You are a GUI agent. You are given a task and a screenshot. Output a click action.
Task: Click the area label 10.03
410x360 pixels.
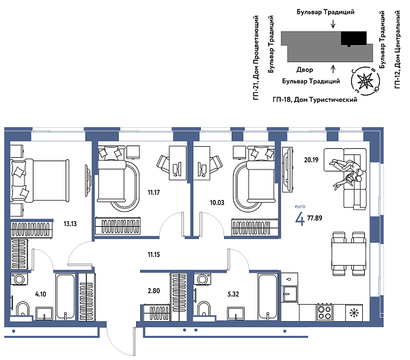[x=217, y=203]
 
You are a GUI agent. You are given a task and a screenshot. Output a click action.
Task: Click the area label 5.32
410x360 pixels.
[x=232, y=296]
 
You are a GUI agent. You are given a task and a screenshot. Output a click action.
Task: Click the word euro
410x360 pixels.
[x=299, y=206]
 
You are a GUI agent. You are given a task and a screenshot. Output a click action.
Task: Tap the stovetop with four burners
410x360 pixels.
[x=325, y=312]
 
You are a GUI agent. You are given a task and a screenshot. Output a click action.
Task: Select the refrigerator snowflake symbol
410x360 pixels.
[x=353, y=313]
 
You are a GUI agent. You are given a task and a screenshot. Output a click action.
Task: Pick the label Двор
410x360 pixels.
[x=305, y=70]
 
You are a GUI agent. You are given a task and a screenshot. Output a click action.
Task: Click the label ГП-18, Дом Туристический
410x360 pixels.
[x=315, y=100]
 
